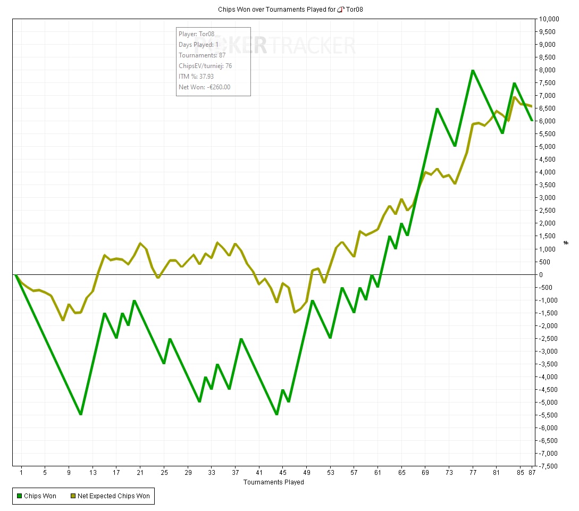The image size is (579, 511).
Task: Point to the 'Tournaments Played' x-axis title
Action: tap(274, 482)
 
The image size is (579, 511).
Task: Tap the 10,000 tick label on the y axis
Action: tap(549, 19)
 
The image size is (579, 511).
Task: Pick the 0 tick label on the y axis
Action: tap(540, 274)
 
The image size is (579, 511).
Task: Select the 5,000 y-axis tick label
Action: tap(548, 147)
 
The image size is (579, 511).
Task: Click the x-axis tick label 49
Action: tap(307, 472)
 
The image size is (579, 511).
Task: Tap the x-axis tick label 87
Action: tap(532, 472)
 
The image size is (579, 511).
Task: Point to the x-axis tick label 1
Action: tap(21, 472)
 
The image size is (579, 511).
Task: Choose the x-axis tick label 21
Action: tap(140, 472)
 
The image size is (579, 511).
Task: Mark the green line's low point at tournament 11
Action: tap(80, 414)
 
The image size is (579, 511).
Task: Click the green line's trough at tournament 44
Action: tap(276, 414)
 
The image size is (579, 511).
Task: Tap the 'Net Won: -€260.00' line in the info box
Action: tap(205, 87)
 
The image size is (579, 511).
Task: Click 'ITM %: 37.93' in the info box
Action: tap(196, 77)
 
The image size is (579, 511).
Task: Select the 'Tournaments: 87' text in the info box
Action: tap(202, 55)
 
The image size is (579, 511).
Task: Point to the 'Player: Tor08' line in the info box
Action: tap(197, 34)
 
